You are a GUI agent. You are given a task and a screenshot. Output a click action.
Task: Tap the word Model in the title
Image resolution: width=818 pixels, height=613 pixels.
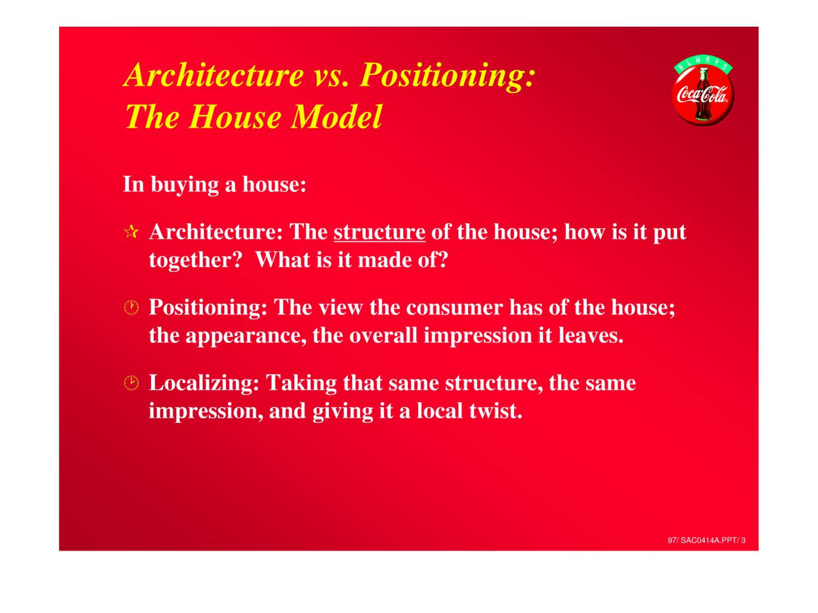pyautogui.click(x=336, y=117)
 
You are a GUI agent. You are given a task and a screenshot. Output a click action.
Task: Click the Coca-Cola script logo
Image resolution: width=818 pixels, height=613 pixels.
pyautogui.click(x=703, y=95)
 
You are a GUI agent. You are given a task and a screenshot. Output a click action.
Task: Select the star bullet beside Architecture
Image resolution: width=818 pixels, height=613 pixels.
pyautogui.click(x=131, y=232)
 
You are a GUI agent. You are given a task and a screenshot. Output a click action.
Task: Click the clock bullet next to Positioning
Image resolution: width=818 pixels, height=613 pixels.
pyautogui.click(x=131, y=307)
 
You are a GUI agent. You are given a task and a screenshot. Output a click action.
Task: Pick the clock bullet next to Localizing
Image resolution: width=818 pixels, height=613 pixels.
pyautogui.click(x=131, y=383)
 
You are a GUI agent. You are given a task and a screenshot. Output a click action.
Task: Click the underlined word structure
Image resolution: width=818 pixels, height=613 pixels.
pyautogui.click(x=380, y=232)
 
